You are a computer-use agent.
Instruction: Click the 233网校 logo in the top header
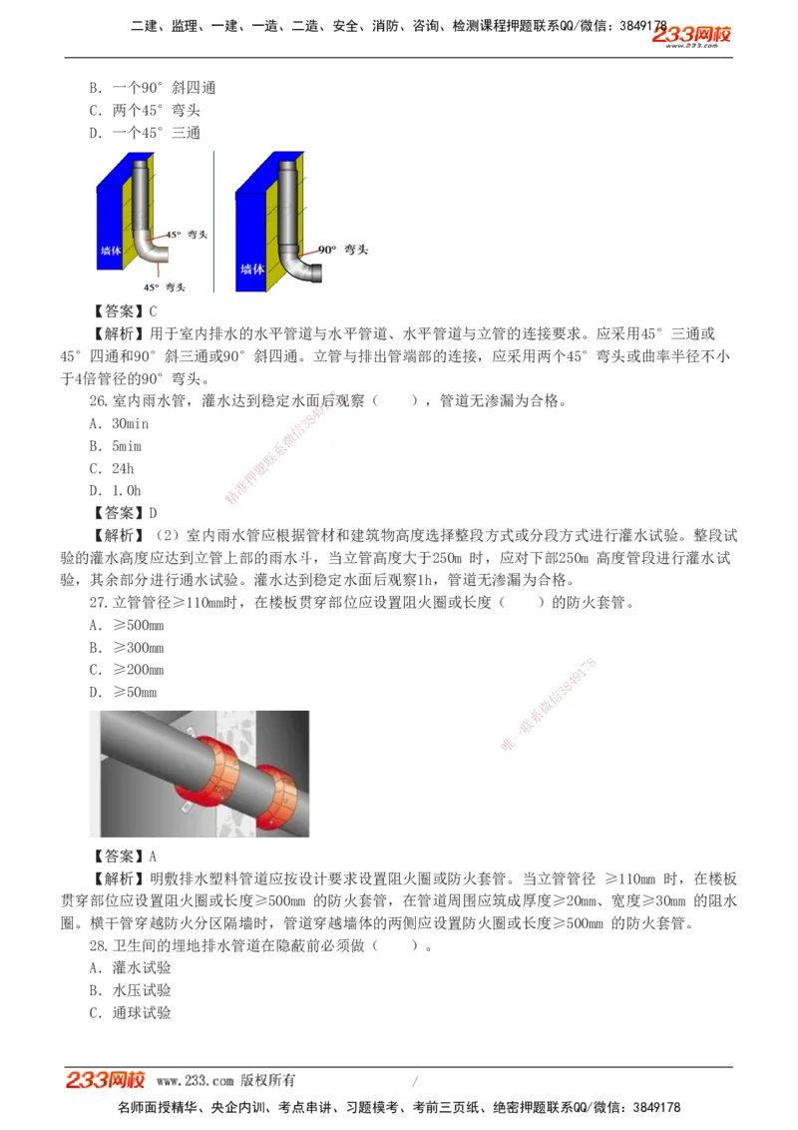[691, 37]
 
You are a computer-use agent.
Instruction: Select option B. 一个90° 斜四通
[152, 88]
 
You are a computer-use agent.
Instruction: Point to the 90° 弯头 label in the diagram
[343, 249]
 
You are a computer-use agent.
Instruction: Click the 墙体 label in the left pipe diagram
[111, 252]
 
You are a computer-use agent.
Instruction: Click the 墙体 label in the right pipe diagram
[252, 269]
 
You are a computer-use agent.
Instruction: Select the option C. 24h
[111, 468]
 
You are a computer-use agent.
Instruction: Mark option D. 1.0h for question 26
[115, 490]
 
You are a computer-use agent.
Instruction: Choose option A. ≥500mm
[126, 626]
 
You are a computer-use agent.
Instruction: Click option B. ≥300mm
[126, 648]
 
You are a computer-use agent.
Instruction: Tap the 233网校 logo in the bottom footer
[106, 1080]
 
